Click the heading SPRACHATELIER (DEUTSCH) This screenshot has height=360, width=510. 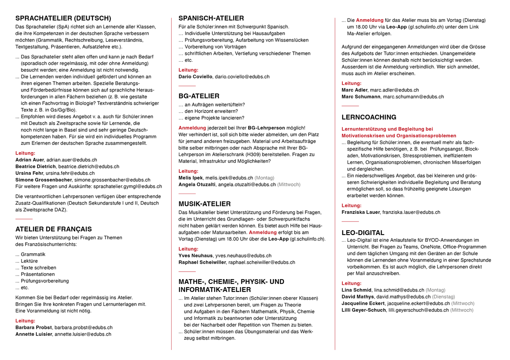click(63, 18)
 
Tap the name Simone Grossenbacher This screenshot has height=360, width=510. click(44, 180)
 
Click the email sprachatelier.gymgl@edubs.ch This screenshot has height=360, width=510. click(127, 186)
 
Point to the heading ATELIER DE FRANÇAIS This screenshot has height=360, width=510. click(53, 229)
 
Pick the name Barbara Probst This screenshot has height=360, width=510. click(34, 328)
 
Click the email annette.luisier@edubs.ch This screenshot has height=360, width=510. click(83, 335)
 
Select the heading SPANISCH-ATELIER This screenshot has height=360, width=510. click(211, 18)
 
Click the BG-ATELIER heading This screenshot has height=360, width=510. click(199, 96)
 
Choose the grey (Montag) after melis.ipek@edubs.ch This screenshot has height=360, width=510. click(265, 178)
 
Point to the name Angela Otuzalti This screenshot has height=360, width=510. click(197, 185)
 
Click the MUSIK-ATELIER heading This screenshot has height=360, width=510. click(204, 204)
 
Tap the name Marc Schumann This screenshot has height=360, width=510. click(361, 97)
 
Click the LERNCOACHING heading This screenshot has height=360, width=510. click(369, 117)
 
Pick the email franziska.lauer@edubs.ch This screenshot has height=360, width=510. click(411, 212)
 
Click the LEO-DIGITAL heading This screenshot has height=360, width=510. click(363, 233)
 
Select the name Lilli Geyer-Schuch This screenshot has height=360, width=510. click(364, 310)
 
